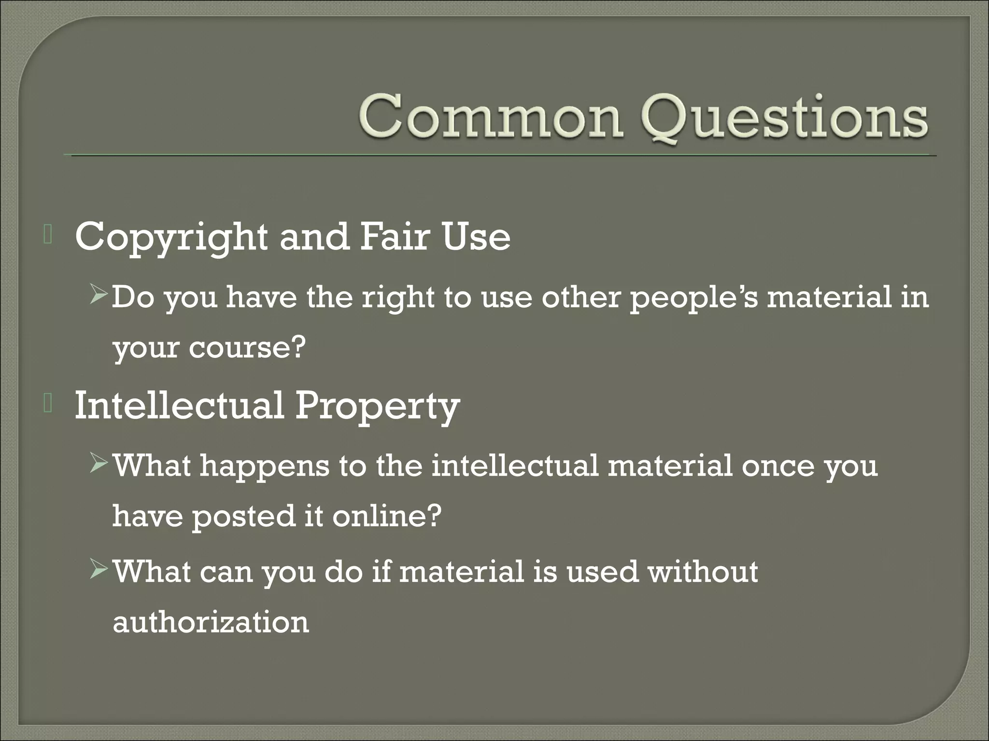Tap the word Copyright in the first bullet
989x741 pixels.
tap(171, 238)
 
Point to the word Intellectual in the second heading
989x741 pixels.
tap(179, 405)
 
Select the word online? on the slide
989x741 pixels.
tap(387, 516)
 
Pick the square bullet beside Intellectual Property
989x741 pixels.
tap(47, 404)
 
